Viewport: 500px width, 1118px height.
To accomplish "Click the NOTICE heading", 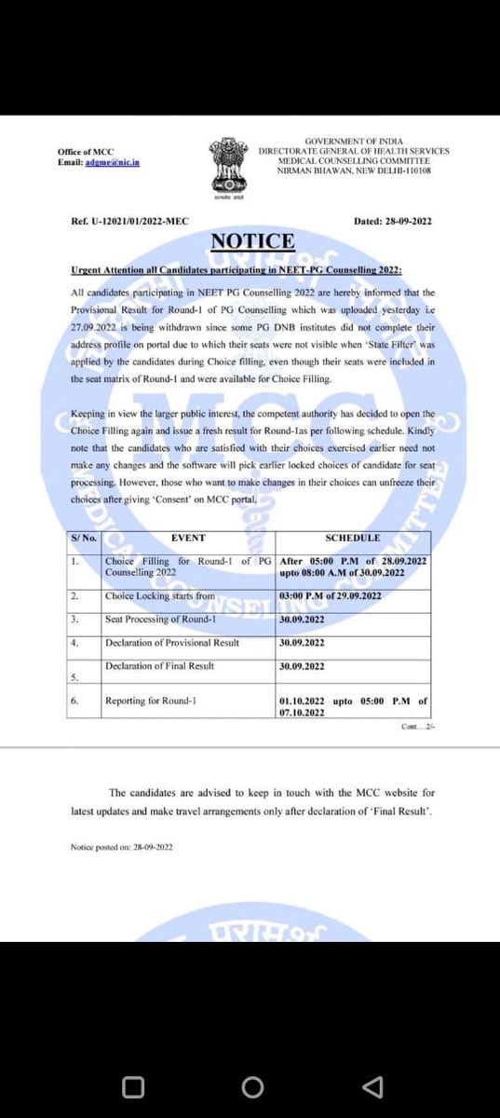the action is click(252, 242).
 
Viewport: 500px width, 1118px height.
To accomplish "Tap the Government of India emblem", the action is click(224, 164).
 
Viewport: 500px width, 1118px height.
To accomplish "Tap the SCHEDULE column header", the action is click(353, 539).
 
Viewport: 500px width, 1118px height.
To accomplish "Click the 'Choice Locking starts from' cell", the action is click(160, 595).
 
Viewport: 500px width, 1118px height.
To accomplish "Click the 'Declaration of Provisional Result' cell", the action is click(172, 643).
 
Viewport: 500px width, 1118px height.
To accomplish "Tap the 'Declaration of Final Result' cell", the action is click(160, 665).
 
